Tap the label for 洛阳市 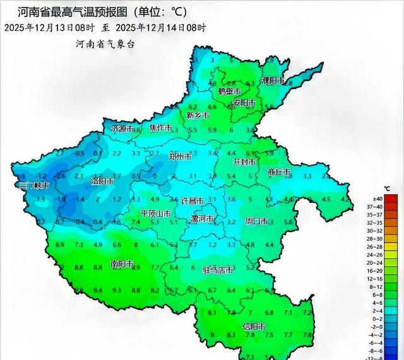102,182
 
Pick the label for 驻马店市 218,270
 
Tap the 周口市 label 256,221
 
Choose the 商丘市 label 279,172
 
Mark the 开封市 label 245,162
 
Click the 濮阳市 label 273,81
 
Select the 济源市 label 123,129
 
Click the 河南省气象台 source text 105,44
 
